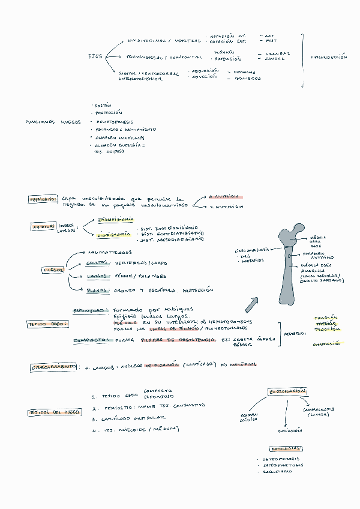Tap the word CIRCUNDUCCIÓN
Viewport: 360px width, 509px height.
coord(329,57)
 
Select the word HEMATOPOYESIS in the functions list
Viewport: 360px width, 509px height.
coord(115,121)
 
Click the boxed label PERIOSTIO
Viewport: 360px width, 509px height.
coord(43,199)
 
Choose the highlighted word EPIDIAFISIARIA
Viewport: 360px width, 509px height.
coord(116,220)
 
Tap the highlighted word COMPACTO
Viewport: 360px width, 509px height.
coord(91,340)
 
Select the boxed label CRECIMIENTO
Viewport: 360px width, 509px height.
coord(53,366)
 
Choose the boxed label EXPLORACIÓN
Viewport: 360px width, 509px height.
coord(288,391)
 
